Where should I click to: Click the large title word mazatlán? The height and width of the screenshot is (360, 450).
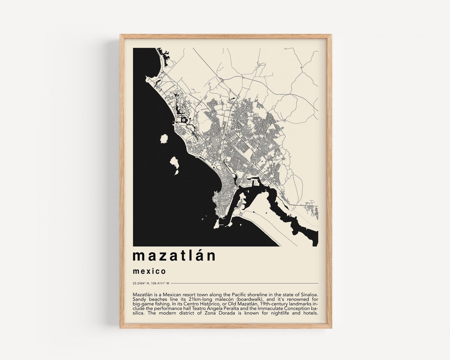click(x=174, y=255)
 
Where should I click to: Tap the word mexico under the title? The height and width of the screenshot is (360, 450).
click(x=150, y=271)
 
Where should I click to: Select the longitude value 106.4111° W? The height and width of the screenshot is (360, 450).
click(x=160, y=283)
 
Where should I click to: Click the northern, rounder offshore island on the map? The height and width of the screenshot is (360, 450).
click(x=164, y=139)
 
